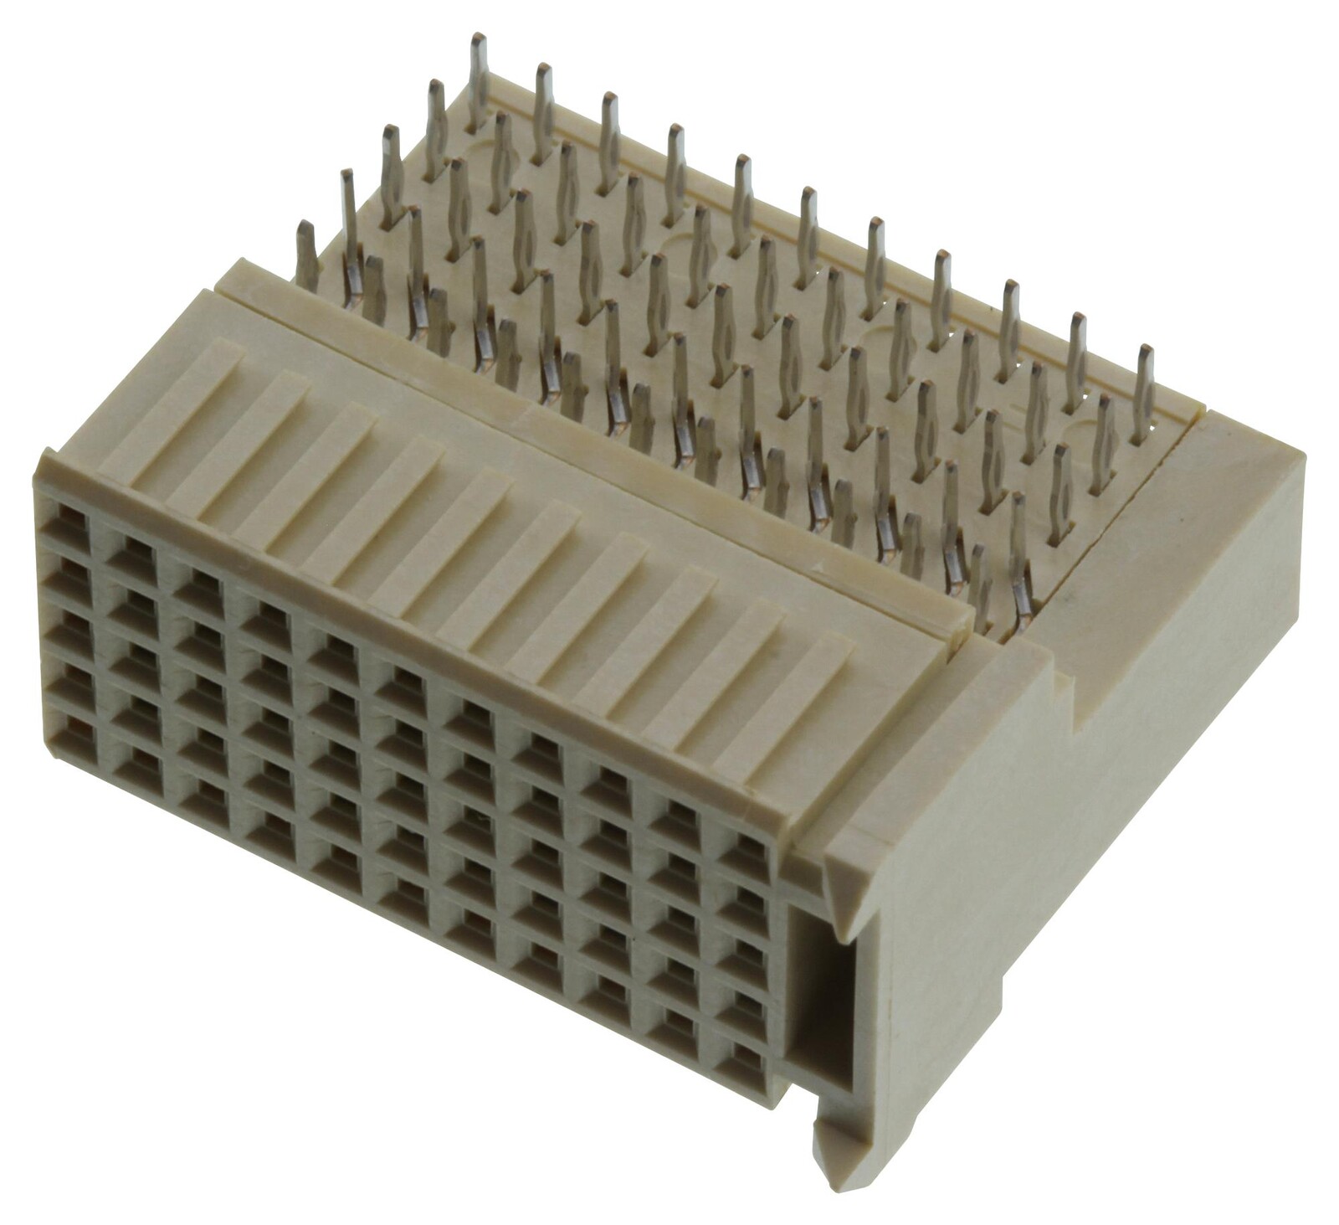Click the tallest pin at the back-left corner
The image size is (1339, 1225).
tap(478, 80)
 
